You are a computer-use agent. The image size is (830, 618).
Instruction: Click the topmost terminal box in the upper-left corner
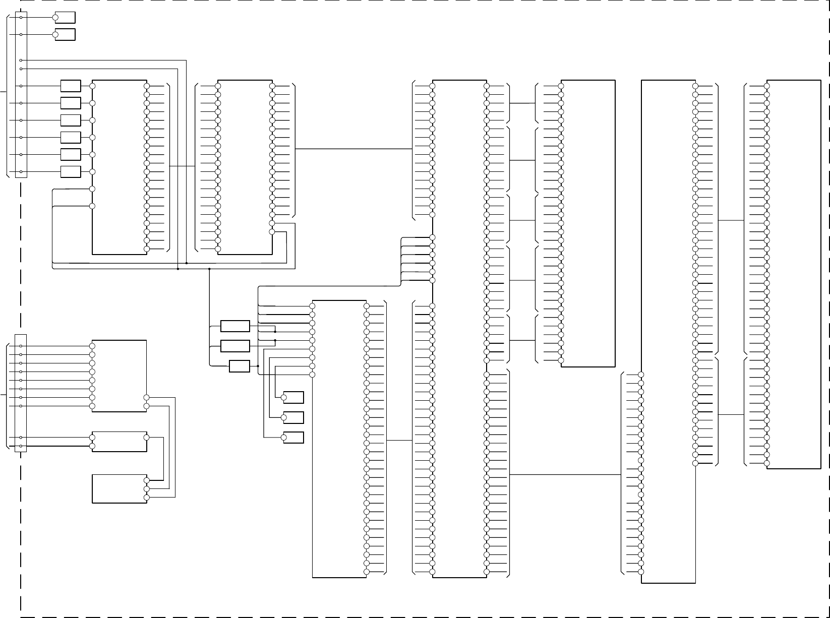[x=65, y=18]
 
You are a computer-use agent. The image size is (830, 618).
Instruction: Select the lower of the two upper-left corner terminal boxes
[x=65, y=35]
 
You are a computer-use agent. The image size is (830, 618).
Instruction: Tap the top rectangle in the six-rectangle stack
[x=71, y=86]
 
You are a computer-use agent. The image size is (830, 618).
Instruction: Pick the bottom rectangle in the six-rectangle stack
[x=71, y=172]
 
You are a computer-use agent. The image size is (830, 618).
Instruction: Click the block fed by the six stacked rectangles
[x=120, y=167]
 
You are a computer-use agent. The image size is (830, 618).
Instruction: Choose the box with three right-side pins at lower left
[x=120, y=489]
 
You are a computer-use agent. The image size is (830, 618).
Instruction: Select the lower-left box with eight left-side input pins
[x=120, y=376]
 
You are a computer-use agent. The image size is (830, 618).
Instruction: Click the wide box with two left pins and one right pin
[x=120, y=442]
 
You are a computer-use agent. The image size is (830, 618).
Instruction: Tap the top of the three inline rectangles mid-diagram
[x=235, y=326]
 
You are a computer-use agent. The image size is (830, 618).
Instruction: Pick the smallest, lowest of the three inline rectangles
[x=239, y=366]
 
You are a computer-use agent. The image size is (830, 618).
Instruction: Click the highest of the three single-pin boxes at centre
[x=293, y=398]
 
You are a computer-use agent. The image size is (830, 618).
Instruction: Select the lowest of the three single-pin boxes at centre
[x=293, y=438]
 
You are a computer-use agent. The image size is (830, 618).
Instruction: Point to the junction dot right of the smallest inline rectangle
[x=258, y=366]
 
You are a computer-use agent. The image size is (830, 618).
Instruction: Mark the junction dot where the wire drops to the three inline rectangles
[x=209, y=269]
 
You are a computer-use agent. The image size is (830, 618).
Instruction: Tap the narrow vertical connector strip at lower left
[x=21, y=393]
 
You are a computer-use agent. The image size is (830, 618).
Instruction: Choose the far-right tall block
[x=794, y=274]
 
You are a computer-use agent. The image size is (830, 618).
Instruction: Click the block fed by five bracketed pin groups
[x=588, y=223]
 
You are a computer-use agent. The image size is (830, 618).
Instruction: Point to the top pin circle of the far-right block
[x=766, y=86]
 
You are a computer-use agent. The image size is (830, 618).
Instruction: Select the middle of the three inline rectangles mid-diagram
[x=235, y=346]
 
